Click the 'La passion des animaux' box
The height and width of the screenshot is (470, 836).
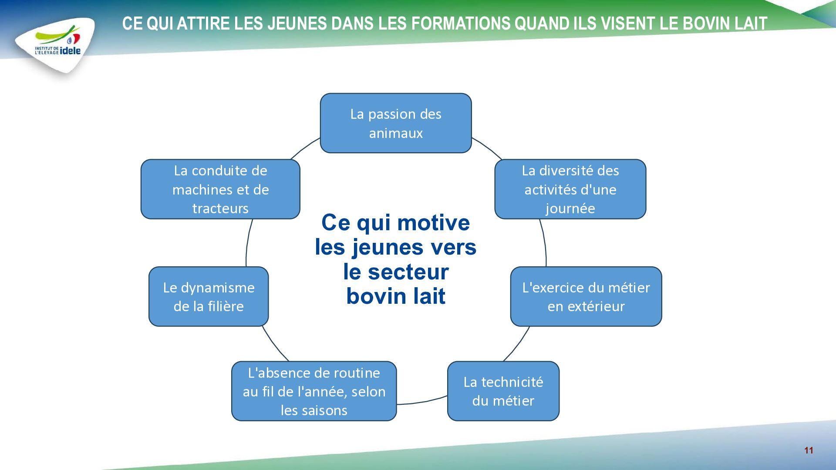point(396,123)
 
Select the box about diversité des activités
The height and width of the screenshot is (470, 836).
point(570,189)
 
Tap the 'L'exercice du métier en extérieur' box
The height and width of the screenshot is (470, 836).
point(586,296)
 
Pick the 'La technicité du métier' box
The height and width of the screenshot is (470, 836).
point(503,391)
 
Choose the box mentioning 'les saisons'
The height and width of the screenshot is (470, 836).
point(314,391)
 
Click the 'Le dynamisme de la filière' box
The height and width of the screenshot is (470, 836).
point(209,296)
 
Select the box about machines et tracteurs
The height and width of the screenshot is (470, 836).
point(220,189)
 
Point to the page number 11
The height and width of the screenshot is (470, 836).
point(809,450)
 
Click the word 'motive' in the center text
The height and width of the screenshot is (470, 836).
point(434,223)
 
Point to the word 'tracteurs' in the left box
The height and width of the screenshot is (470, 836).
point(220,208)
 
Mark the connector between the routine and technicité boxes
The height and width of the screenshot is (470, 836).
point(422,402)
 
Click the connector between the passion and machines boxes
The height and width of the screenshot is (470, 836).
point(304,148)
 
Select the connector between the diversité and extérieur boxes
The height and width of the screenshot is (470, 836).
point(545,242)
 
